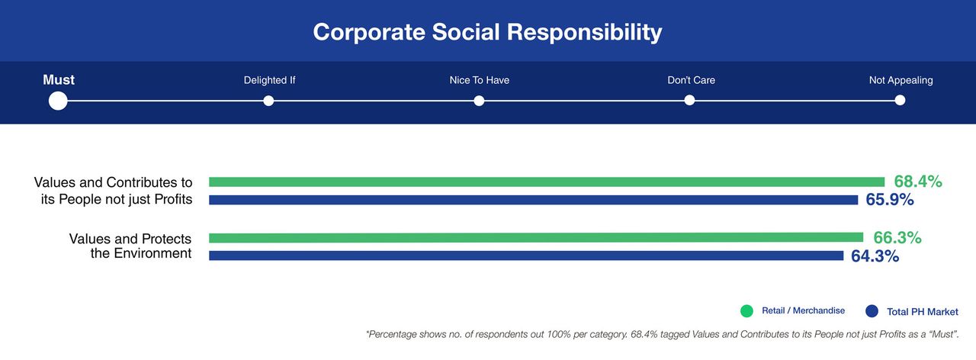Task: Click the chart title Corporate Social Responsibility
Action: click(x=487, y=32)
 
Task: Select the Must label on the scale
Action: click(x=59, y=80)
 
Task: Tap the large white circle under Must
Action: click(x=58, y=101)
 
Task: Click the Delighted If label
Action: click(x=269, y=80)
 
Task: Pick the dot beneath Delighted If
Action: click(x=268, y=101)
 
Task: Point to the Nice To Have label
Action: click(x=479, y=80)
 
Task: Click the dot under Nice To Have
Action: click(x=479, y=101)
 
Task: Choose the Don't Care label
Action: click(x=691, y=80)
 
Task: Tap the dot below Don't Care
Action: click(x=689, y=101)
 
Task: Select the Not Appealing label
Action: click(x=901, y=80)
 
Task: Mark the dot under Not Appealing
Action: click(x=900, y=101)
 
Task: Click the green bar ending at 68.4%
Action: click(x=546, y=182)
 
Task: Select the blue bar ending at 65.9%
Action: click(x=533, y=200)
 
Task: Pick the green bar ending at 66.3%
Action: click(x=535, y=237)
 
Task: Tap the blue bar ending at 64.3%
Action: click(x=525, y=256)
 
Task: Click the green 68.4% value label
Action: click(x=918, y=182)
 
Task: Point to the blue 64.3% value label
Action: click(x=875, y=256)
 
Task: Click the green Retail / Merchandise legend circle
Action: click(x=746, y=311)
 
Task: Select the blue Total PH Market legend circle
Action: click(x=872, y=311)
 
